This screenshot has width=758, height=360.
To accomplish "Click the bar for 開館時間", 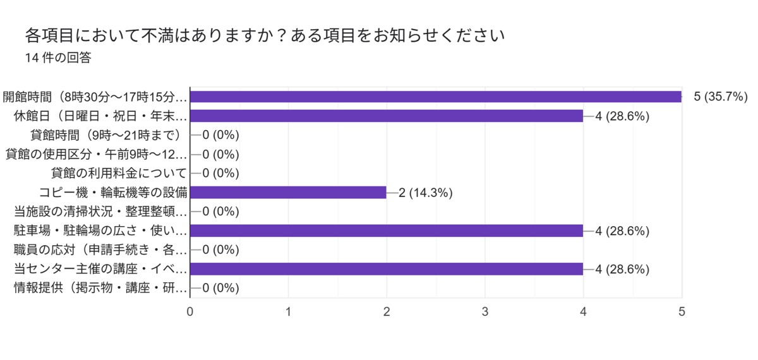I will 436,97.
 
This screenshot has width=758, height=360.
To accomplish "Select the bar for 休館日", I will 387,116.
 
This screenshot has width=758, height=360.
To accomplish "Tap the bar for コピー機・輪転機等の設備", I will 288,193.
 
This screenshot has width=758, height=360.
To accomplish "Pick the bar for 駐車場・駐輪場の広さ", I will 387,231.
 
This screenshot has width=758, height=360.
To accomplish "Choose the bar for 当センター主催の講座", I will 387,269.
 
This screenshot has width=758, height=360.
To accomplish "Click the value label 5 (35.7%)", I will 721,97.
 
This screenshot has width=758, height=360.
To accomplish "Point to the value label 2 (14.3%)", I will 425,193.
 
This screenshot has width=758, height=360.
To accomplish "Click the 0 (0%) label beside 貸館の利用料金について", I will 220,173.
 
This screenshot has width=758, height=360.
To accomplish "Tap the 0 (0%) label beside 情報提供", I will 220,288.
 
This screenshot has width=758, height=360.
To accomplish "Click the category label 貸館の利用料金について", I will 119,173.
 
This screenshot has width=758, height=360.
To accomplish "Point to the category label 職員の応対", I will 100,250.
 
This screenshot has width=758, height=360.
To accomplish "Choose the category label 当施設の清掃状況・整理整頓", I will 100,212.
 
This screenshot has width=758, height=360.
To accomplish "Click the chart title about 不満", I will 265,35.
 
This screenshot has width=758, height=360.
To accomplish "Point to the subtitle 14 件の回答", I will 58,58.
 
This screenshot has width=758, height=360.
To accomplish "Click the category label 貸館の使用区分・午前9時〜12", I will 96,154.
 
